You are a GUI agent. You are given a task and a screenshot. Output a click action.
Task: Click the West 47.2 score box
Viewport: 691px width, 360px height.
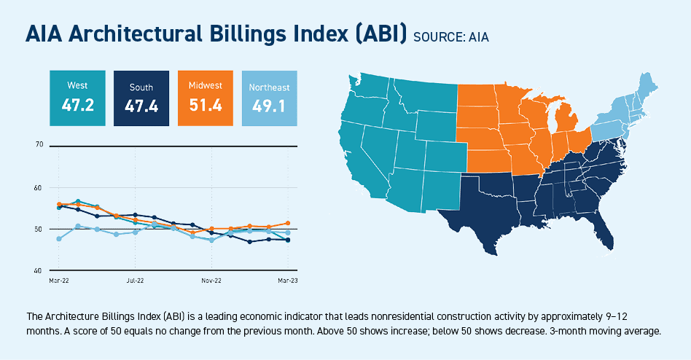tap(77, 98)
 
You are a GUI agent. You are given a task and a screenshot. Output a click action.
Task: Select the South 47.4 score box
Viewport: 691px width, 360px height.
tap(141, 98)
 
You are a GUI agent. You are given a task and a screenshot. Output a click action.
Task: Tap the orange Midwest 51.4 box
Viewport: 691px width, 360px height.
tap(205, 98)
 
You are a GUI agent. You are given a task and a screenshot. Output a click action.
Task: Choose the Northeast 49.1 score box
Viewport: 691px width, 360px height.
tap(269, 98)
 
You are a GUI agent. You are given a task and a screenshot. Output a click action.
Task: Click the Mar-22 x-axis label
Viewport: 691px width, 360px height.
tap(58, 280)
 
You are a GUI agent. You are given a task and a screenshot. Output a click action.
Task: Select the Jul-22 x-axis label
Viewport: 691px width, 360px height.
tap(135, 280)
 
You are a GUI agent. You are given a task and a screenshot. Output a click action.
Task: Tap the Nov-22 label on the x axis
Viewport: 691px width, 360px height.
tap(211, 280)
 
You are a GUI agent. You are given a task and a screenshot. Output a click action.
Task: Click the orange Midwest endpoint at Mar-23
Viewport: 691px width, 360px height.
tap(288, 223)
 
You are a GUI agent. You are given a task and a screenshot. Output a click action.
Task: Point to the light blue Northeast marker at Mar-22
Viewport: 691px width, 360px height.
tap(58, 238)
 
